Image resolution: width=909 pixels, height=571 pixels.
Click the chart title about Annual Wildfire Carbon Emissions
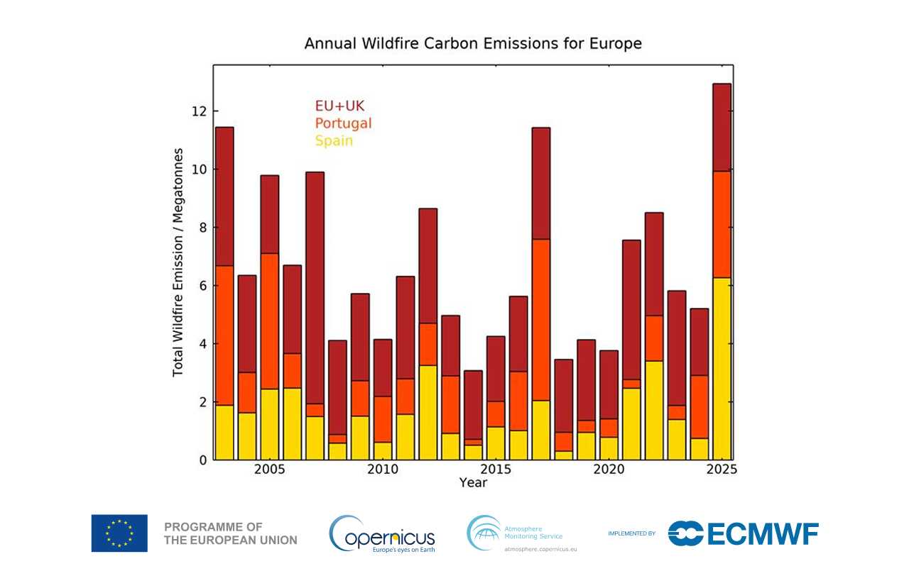473,43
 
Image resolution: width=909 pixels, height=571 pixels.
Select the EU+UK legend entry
339,106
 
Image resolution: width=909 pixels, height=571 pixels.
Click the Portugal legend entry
343,123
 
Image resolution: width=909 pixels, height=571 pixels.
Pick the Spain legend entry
334,140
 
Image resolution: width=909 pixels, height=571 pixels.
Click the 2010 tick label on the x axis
383,470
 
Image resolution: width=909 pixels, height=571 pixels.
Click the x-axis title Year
473,483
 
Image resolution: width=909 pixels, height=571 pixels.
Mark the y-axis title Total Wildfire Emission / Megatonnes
178,262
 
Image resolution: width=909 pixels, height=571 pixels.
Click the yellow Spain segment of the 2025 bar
722,369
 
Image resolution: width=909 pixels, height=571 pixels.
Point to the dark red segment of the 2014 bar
473,404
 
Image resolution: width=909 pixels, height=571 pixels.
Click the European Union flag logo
119,533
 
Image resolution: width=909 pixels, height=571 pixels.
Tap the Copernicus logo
382,534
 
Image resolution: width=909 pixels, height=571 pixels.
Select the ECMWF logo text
744,533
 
